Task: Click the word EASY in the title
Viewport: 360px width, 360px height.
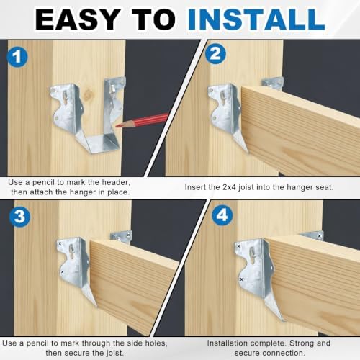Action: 78,19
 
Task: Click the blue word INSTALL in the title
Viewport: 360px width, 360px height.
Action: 256,19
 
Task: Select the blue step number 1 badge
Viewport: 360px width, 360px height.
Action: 17,57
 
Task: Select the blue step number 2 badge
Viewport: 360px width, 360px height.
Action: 215,53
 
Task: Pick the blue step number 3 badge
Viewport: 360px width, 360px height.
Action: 19,217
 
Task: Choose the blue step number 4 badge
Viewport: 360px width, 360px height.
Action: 222,215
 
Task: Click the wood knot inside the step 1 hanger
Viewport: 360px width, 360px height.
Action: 89,93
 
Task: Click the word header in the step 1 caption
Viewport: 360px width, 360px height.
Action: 116,182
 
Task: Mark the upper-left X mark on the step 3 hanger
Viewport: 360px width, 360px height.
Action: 60,244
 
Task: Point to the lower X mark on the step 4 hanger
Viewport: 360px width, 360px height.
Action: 241,279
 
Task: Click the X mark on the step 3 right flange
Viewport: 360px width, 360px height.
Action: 128,235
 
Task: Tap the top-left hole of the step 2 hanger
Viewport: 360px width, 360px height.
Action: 211,91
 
